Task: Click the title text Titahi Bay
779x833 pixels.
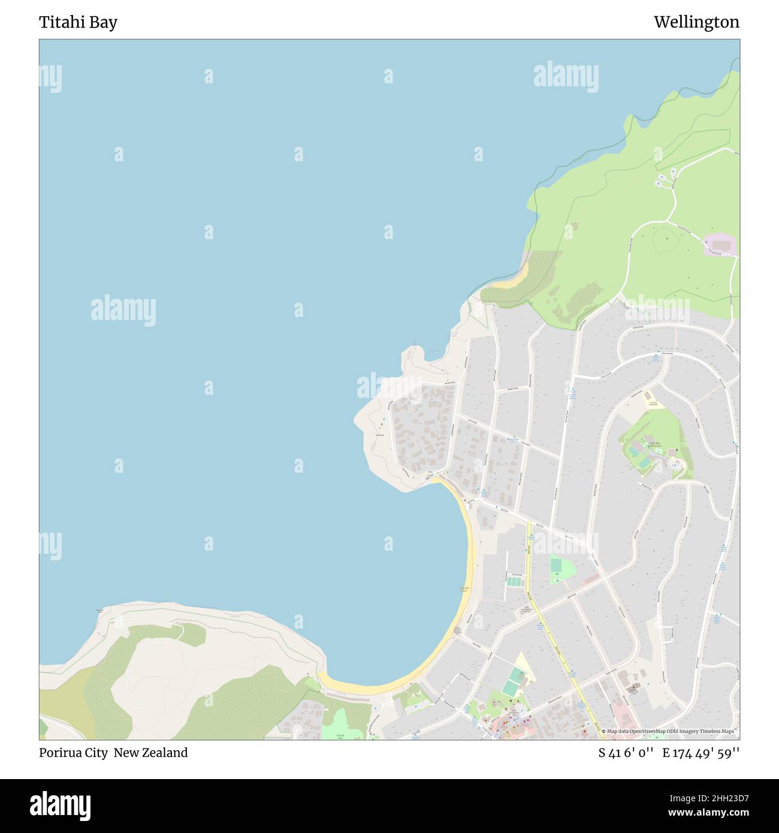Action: click(78, 22)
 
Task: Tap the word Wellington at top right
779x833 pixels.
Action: click(696, 22)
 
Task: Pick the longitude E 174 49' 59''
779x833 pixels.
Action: click(701, 753)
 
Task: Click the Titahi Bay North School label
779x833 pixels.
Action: click(654, 445)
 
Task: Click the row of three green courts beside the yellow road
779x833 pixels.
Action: click(514, 581)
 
